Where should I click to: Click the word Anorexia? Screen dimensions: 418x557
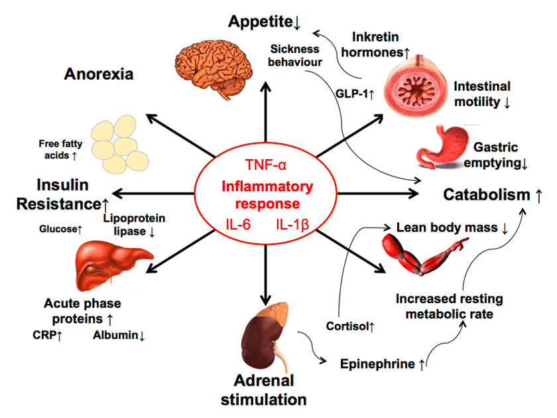click(x=99, y=74)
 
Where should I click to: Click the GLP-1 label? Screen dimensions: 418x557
click(x=354, y=94)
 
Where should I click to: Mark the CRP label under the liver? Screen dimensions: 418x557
click(x=46, y=335)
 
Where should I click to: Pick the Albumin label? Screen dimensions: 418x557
click(x=117, y=335)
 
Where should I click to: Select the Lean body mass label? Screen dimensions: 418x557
click(x=447, y=228)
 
